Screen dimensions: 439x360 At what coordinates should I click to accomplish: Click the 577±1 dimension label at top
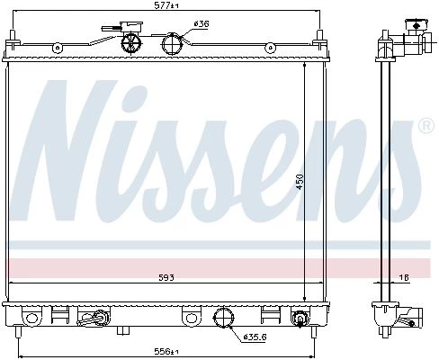coord(166,5)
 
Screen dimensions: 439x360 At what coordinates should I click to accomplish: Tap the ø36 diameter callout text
coord(202,23)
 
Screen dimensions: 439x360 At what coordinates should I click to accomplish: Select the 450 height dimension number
coord(300,182)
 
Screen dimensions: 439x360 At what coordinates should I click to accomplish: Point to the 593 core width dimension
coord(166,277)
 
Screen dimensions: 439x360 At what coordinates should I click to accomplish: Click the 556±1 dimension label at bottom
coord(166,351)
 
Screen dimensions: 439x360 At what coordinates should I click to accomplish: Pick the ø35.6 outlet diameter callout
coord(255,337)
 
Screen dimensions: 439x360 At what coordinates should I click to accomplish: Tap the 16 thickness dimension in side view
coord(405,277)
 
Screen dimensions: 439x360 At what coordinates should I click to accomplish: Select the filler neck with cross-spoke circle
coord(131,43)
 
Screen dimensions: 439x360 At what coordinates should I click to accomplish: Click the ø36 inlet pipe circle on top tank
coord(172,44)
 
